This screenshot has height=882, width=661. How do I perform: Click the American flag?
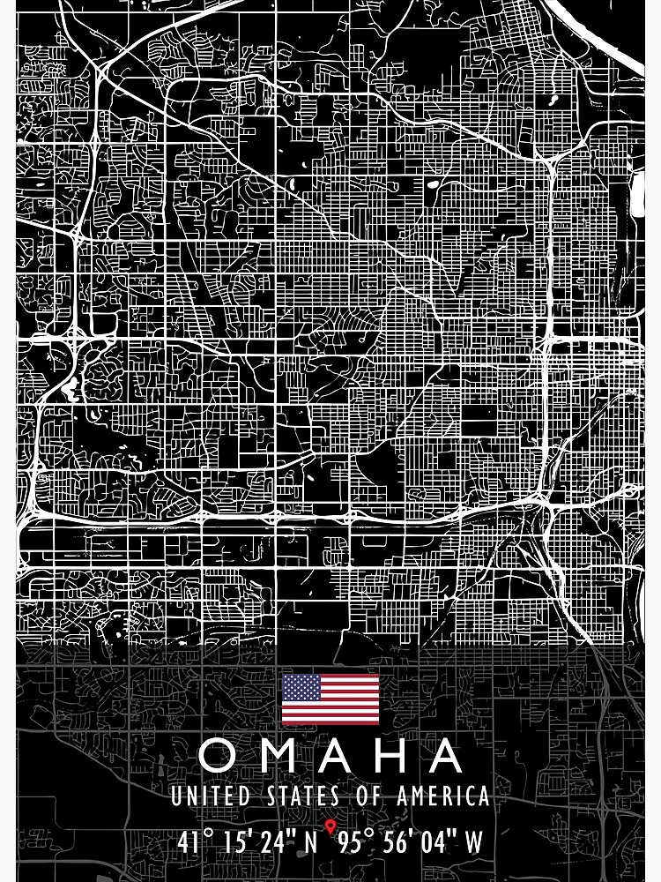330,699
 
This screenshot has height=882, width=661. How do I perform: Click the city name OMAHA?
330,756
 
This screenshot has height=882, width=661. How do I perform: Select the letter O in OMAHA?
217,756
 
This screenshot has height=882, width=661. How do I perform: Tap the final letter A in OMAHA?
446,756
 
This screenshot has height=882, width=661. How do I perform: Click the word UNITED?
210,796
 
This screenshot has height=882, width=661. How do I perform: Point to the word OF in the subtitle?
371,796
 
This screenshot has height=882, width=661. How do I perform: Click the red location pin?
330,827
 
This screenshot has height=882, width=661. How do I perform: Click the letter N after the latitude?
310,841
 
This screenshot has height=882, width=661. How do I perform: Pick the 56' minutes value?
408,841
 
